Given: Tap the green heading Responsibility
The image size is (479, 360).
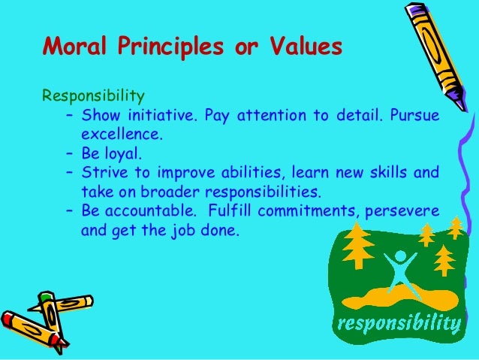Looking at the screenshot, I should (x=93, y=96).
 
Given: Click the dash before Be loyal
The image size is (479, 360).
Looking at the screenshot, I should (x=69, y=154).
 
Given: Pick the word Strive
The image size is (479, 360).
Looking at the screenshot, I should (x=102, y=173).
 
